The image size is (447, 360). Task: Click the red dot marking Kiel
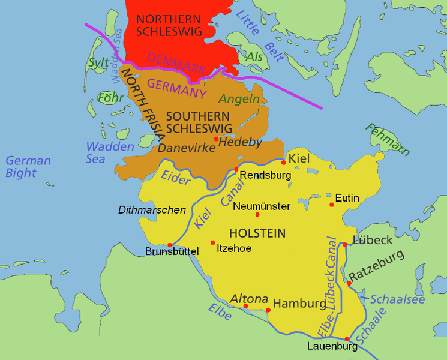[284, 162]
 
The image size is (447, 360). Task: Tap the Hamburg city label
[299, 303]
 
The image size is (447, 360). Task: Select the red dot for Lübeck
[345, 244]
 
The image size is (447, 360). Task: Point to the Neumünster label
[262, 206]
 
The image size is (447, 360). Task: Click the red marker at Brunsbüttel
[170, 245]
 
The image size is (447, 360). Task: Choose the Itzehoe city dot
[212, 242]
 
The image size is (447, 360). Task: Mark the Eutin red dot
[331, 205]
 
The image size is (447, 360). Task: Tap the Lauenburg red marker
[347, 339]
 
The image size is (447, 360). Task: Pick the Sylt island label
[98, 62]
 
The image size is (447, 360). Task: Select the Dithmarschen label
[151, 210]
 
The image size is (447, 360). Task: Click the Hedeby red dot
[215, 139]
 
